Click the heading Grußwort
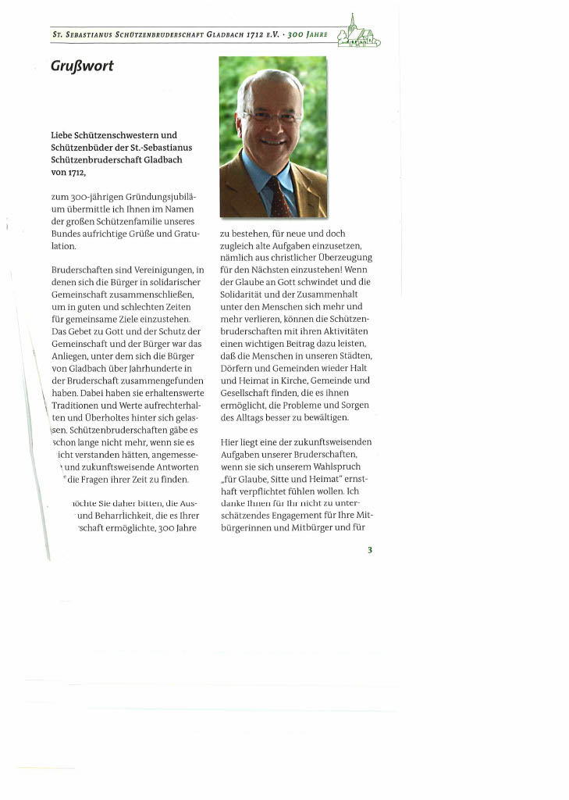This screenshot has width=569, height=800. tap(82, 66)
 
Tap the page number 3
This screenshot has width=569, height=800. tap(370, 550)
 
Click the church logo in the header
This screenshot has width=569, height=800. tap(359, 34)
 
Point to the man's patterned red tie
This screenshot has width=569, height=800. tap(278, 197)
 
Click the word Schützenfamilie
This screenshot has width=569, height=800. tap(134, 234)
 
